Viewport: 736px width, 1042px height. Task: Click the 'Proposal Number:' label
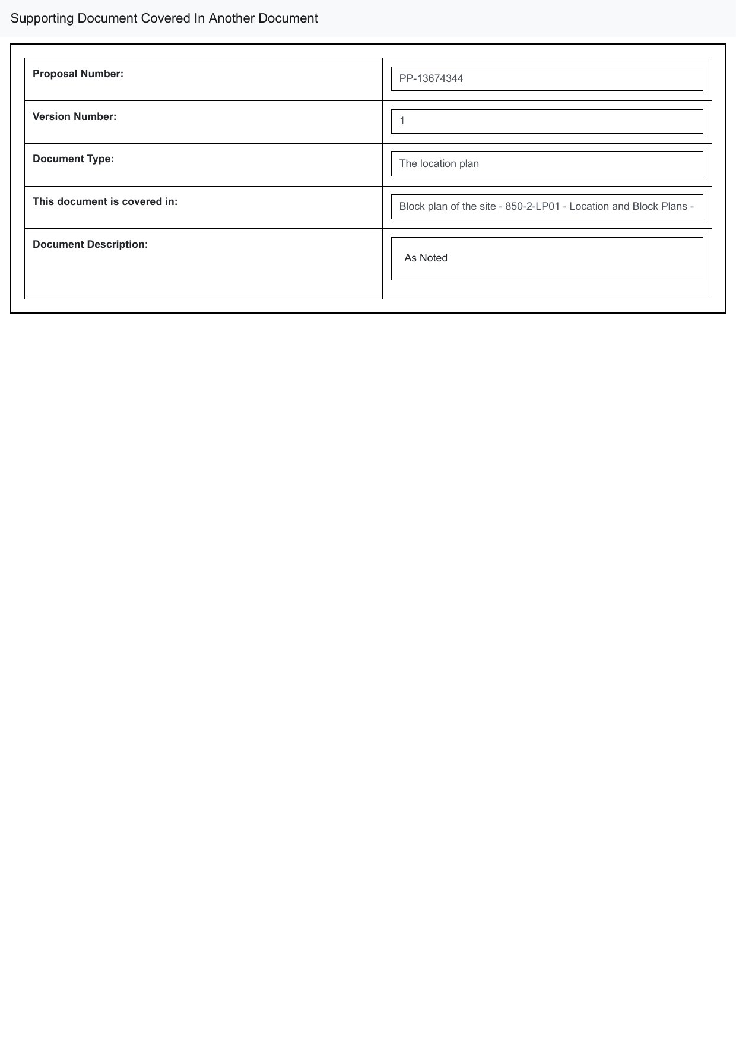coord(78,74)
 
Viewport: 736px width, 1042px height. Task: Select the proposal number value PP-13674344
coord(431,78)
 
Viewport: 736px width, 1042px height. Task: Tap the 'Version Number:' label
coord(74,116)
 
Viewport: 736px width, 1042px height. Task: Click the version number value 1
coord(402,121)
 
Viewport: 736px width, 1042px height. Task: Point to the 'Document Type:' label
coord(73,159)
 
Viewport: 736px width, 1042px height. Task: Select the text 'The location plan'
coord(439,163)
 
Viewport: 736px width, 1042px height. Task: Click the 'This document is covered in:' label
coord(105,201)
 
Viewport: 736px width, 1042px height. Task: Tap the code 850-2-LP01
coord(532,206)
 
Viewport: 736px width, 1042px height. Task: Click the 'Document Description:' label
coord(90,244)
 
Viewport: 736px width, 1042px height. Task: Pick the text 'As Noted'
coord(426,258)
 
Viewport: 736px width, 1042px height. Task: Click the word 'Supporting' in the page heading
coord(42,18)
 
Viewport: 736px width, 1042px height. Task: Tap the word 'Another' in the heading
coord(231,18)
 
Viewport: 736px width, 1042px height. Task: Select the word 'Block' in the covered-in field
coord(411,206)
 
